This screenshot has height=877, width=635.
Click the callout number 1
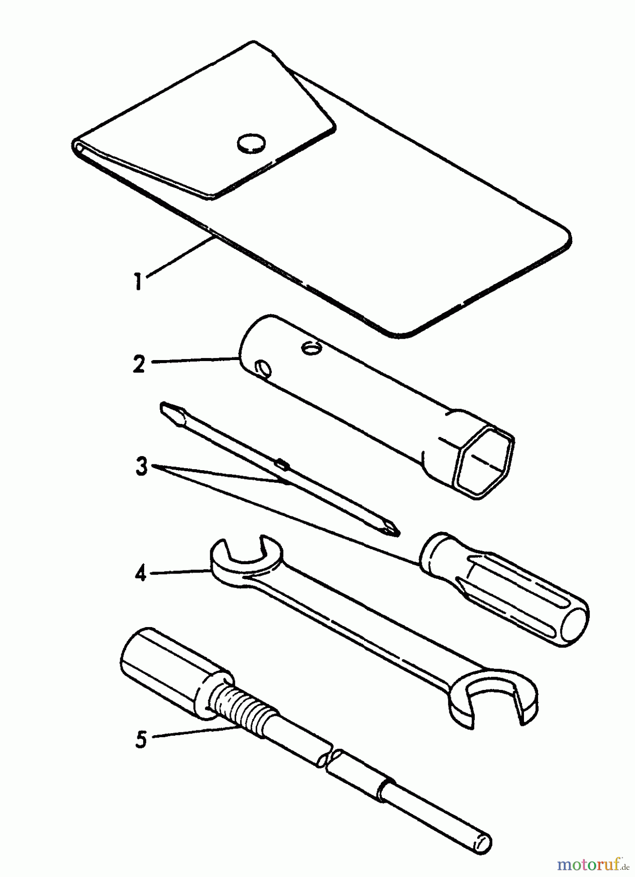139,281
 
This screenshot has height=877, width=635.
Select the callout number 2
139,364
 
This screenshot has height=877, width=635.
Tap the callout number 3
141,468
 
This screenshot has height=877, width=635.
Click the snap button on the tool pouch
252,143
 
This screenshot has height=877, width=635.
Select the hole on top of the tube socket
310,347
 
